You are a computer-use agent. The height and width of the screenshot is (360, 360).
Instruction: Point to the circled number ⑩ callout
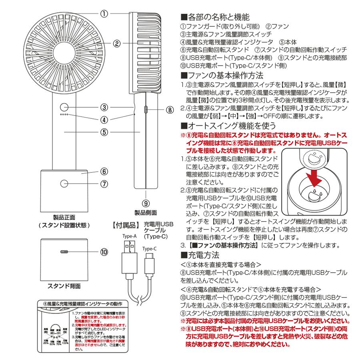104,253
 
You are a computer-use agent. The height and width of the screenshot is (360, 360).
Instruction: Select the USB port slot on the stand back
65,252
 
